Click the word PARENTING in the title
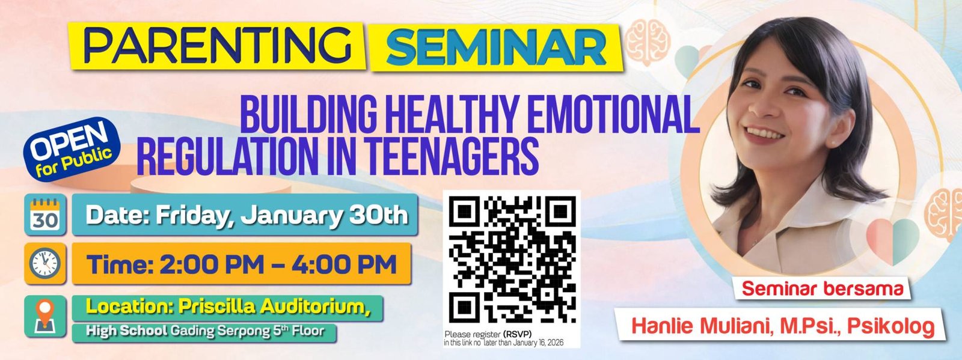click(x=218, y=46)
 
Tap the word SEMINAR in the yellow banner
click(x=496, y=47)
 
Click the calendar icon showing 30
click(x=45, y=215)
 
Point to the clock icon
click(x=45, y=263)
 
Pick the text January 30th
click(x=324, y=215)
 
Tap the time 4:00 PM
click(x=344, y=264)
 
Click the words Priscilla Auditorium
click(x=274, y=307)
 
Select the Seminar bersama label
click(x=822, y=288)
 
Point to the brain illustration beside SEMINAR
click(x=647, y=42)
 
